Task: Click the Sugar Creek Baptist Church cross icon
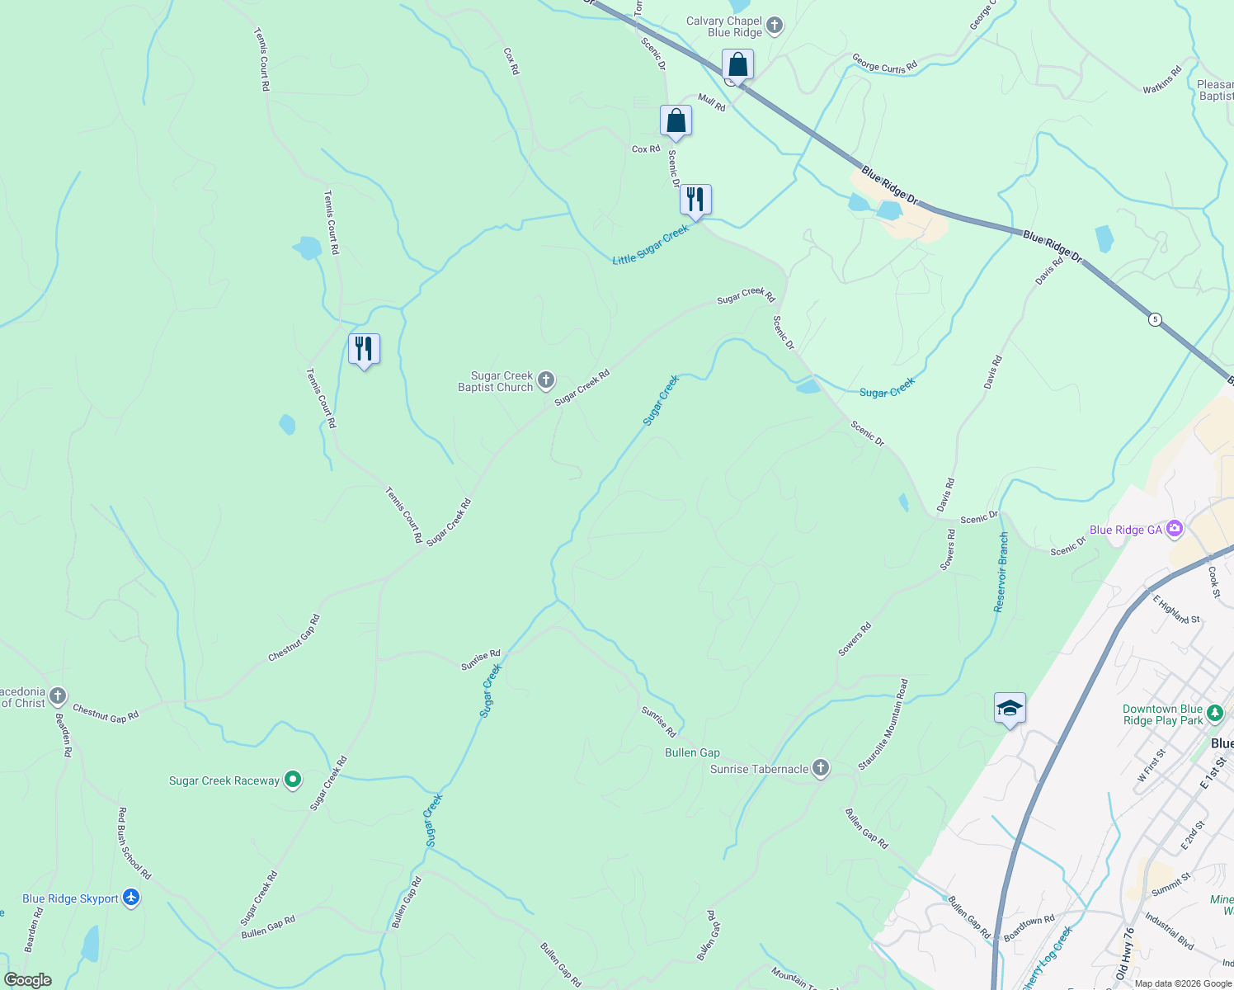[545, 380]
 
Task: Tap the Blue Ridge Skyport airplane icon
[131, 898]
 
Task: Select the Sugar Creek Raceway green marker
[292, 780]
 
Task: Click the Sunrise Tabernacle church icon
[820, 768]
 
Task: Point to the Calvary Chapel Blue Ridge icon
[774, 26]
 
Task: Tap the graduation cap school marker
[1010, 708]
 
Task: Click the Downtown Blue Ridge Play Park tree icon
[1214, 713]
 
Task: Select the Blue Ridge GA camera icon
[1175, 529]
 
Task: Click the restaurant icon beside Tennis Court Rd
[364, 349]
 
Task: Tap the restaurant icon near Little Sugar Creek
[695, 199]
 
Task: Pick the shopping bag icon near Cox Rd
[676, 120]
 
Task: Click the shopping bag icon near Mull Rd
[737, 64]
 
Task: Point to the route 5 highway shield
[1156, 319]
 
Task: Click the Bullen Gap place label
[692, 752]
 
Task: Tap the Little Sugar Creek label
[650, 246]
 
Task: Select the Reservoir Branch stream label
[1001, 572]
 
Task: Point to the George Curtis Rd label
[884, 64]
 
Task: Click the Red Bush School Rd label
[134, 843]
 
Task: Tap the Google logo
[28, 979]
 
